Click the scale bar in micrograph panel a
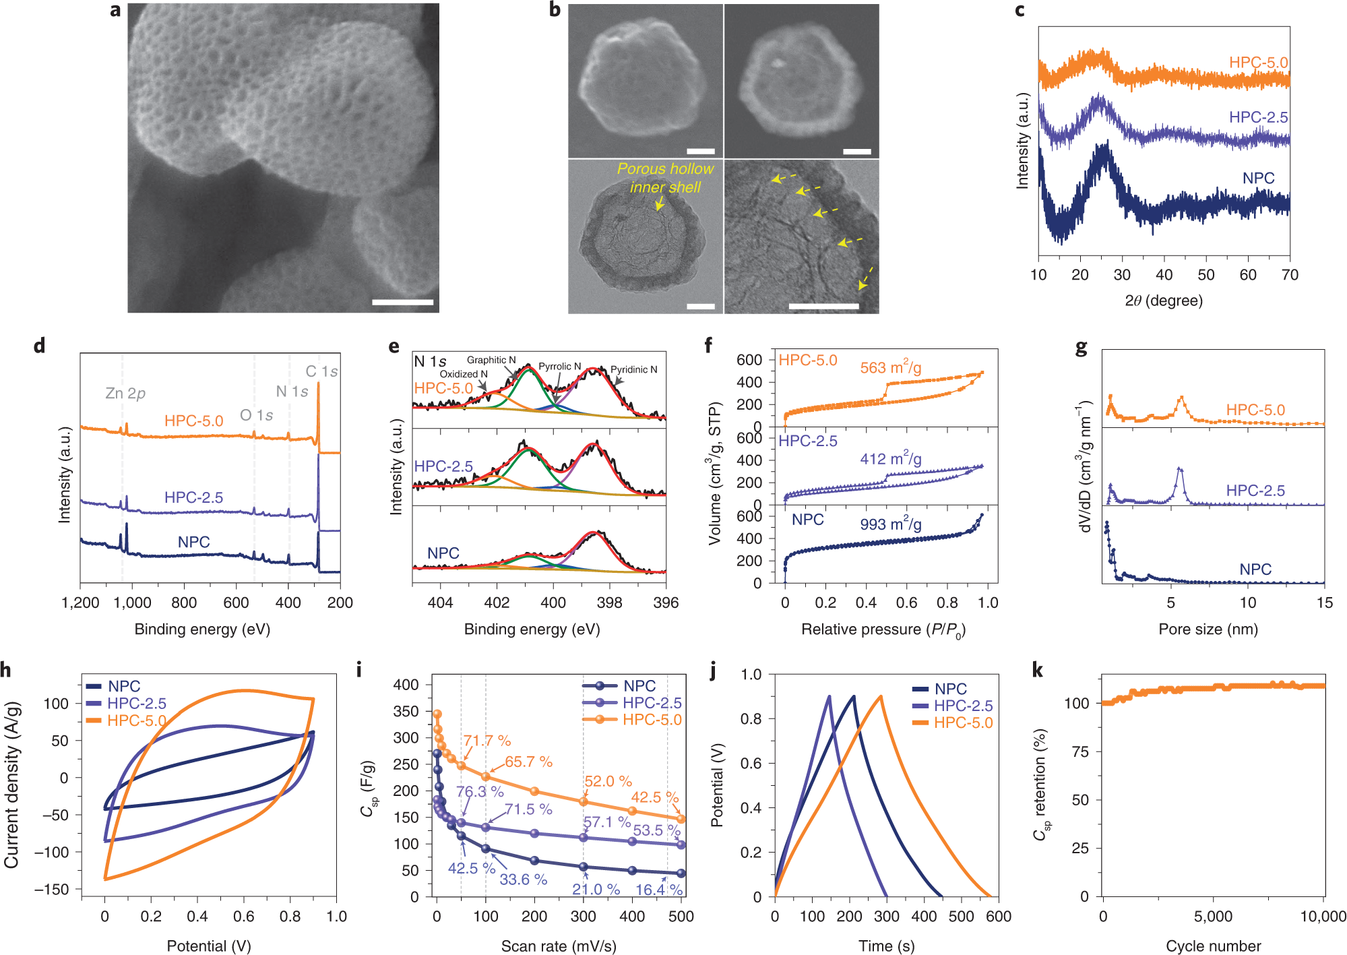click(x=402, y=303)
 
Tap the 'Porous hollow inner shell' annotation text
click(x=664, y=178)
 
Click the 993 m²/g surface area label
click(x=890, y=524)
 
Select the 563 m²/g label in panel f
click(x=890, y=367)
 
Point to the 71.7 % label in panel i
click(x=487, y=741)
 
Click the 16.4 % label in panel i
click(x=658, y=890)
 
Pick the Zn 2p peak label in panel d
click(x=125, y=393)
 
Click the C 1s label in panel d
click(x=321, y=371)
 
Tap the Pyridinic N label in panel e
click(x=633, y=369)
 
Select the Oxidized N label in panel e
click(x=463, y=374)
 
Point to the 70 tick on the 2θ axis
click(x=1290, y=275)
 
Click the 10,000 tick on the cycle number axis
click(x=1323, y=917)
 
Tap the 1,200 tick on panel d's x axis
click(x=80, y=603)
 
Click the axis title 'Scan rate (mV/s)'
click(x=558, y=946)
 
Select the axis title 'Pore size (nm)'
click(x=1208, y=629)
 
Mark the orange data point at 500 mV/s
click(x=681, y=819)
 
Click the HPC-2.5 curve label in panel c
click(x=1257, y=117)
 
